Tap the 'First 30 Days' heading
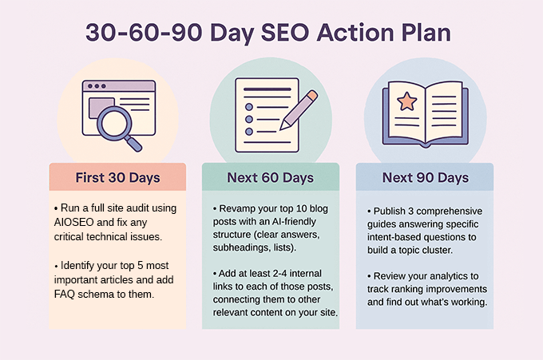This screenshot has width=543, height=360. pyautogui.click(x=117, y=177)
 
